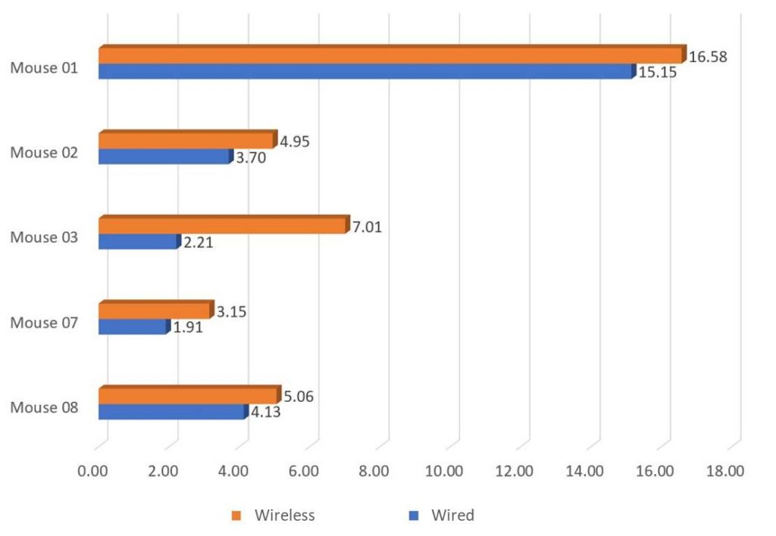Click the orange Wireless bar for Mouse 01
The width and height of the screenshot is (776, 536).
390,56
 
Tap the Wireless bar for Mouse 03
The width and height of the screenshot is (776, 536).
223,226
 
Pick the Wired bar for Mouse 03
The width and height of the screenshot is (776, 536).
138,242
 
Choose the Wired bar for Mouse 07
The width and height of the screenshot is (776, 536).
133,327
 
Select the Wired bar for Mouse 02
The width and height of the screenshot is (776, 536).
164,157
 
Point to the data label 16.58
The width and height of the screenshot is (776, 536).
708,57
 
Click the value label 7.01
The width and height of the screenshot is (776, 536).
368,226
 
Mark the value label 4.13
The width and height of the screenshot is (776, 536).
266,413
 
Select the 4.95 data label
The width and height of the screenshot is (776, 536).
295,142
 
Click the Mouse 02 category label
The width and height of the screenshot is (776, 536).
44,152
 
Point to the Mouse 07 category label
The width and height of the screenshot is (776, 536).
44,323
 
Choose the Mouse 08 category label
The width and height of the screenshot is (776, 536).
44,409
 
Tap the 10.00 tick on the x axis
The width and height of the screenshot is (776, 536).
444,471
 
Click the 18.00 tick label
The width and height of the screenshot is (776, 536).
724,471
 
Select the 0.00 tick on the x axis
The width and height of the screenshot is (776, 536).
94,471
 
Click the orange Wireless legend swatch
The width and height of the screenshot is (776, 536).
236,516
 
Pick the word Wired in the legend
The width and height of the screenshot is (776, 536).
452,516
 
